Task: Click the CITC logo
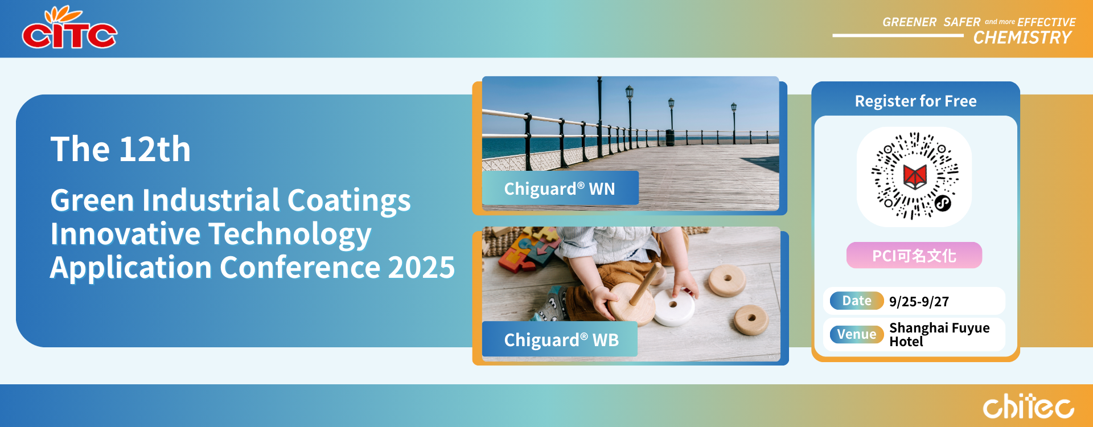coord(69,28)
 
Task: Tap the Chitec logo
coord(1028,406)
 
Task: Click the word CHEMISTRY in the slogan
coord(1022,38)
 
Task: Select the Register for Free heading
coord(915,101)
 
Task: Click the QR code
coord(915,176)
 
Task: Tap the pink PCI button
coord(914,256)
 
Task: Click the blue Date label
coord(857,301)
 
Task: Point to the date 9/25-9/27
coord(919,302)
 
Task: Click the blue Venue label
coord(857,334)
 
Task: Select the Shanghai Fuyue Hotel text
coord(939,335)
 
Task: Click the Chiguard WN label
coord(560,188)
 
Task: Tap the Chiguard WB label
coord(560,339)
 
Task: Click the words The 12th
coord(121,149)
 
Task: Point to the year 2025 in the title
coord(421,267)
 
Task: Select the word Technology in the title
coord(290,235)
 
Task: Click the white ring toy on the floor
coord(675,306)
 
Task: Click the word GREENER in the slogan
coord(909,22)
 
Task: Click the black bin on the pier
coord(670,137)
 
